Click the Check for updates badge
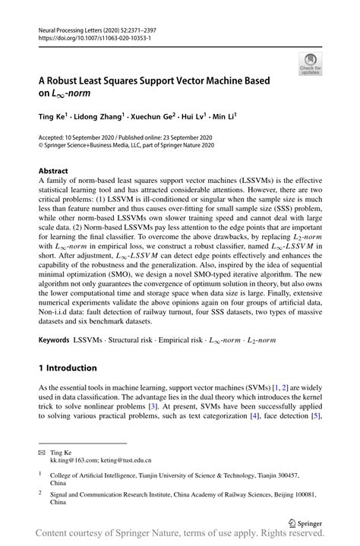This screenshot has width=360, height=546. (x=310, y=63)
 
